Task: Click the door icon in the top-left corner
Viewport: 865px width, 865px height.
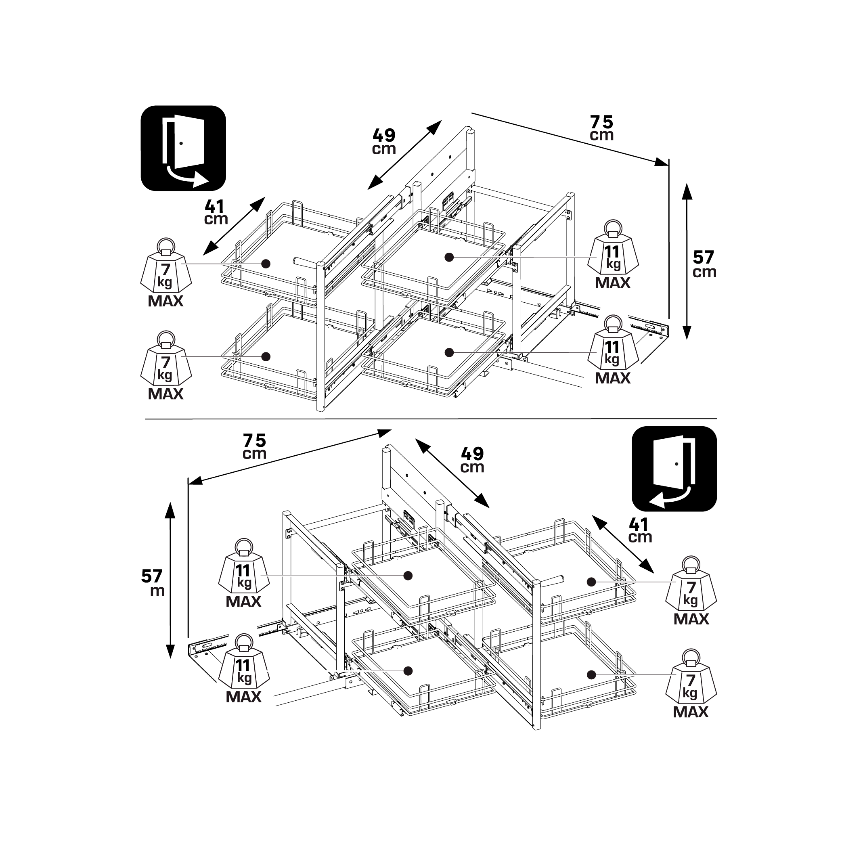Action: pos(183,148)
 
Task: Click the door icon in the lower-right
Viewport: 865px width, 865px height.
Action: pos(674,469)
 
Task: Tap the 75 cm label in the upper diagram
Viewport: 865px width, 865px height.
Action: pos(601,128)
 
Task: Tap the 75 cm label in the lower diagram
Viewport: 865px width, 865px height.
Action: pos(254,446)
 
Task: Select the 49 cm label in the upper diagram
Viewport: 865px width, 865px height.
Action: pos(384,142)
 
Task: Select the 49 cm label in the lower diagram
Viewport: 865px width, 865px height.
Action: pos(472,460)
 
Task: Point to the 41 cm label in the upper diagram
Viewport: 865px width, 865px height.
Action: pos(216,212)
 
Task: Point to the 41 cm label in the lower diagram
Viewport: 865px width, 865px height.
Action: pos(640,530)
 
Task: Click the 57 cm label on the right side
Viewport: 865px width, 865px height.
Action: pos(704,264)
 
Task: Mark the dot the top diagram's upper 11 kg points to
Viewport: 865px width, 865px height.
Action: pos(450,257)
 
